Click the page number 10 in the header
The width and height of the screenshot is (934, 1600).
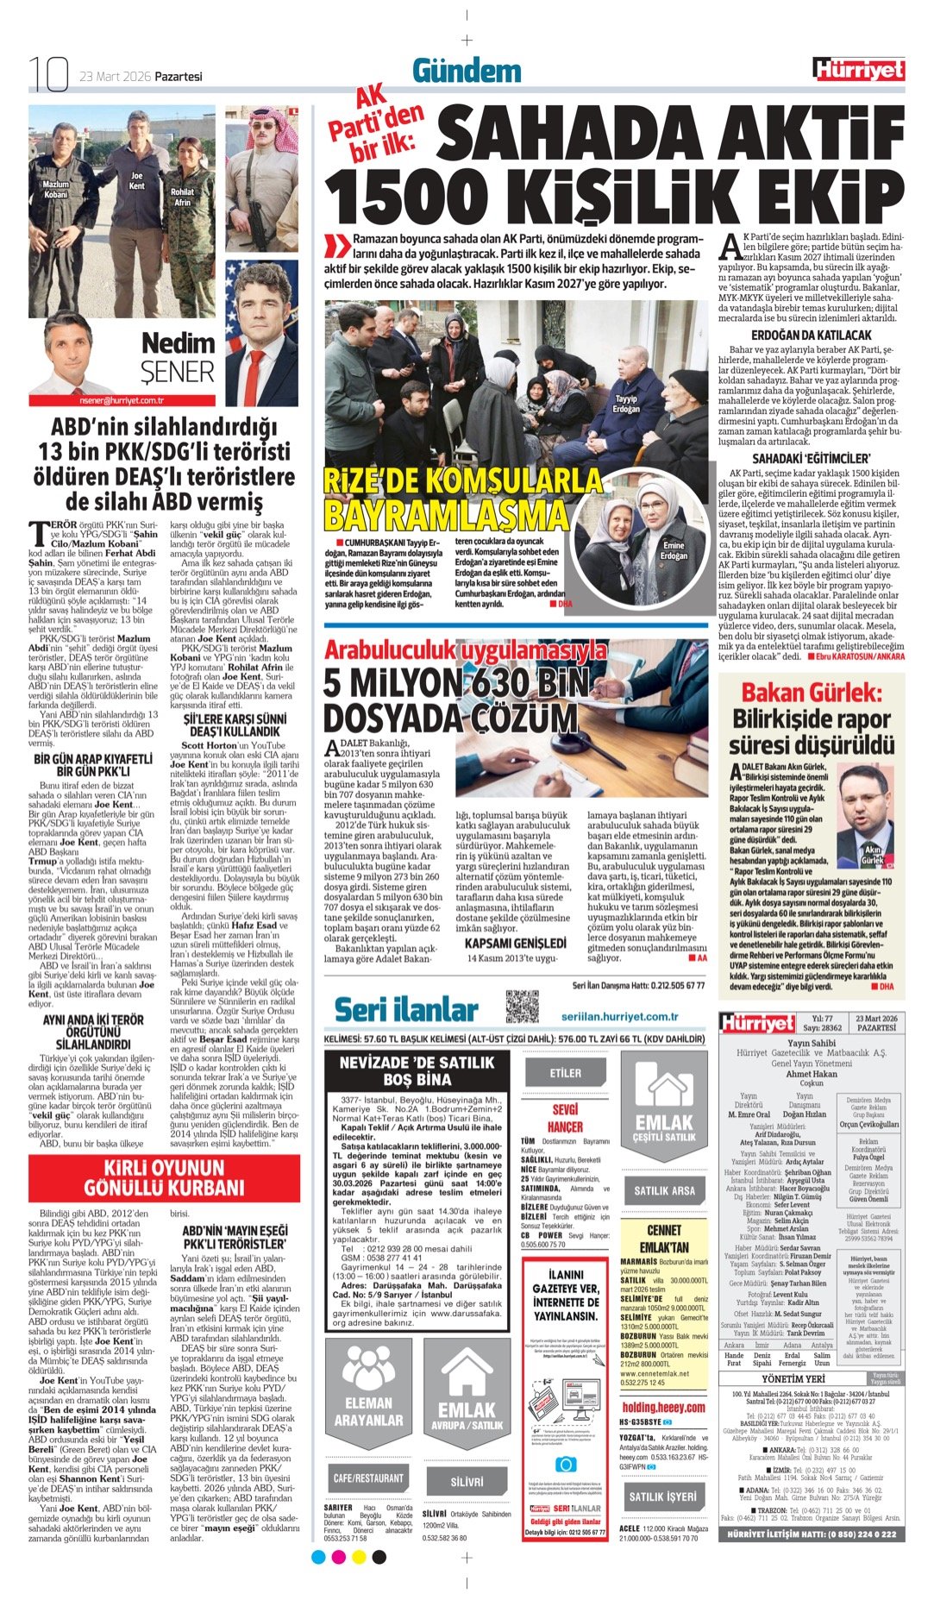(48, 74)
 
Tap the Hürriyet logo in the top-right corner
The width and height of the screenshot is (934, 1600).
(858, 70)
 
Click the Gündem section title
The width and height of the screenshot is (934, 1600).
(467, 71)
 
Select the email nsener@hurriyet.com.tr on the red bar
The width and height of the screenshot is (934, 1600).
(122, 400)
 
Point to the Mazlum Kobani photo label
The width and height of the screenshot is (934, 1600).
(55, 189)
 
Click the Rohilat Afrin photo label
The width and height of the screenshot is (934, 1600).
(182, 197)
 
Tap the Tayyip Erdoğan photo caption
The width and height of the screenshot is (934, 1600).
(626, 403)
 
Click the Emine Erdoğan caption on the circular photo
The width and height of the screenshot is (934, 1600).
(674, 550)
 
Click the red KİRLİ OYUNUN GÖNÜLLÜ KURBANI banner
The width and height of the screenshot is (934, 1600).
(164, 1177)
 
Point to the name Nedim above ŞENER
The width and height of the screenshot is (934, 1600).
(177, 343)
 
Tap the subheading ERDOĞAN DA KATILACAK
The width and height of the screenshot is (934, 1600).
(811, 335)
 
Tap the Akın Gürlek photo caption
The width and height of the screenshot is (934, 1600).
(873, 856)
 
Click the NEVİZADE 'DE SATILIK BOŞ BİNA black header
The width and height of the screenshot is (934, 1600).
(417, 1070)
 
